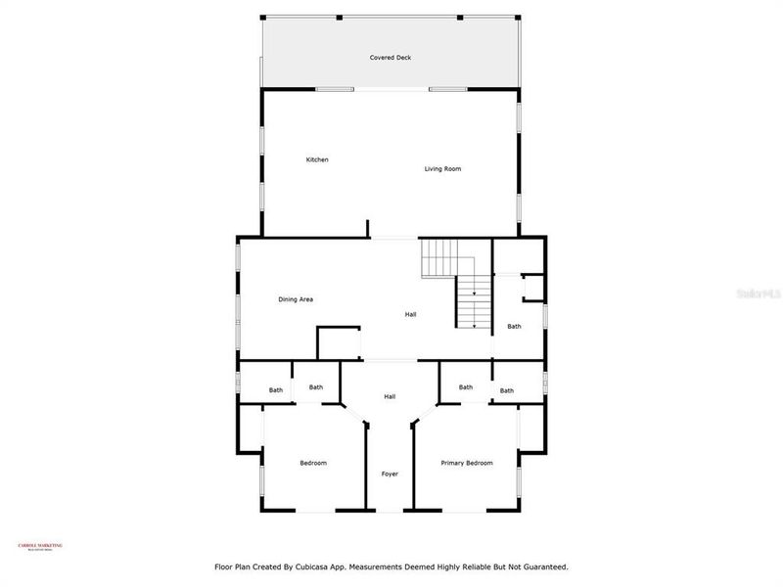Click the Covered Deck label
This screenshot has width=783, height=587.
pos(390,58)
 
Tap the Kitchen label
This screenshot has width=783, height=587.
pos(316,159)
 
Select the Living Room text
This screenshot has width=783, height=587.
pos(442,169)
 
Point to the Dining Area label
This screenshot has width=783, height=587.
pos(296,299)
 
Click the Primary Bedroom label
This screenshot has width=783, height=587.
pos(467,463)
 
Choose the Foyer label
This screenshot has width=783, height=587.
pos(390,474)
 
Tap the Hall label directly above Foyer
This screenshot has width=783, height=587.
pos(390,396)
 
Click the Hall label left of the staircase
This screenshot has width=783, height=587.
pos(411,315)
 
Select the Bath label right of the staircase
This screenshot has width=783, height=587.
pos(514,327)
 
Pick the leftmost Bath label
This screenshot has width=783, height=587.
pos(276,391)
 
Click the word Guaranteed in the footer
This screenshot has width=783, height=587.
pos(543,566)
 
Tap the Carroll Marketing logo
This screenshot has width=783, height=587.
pos(40,547)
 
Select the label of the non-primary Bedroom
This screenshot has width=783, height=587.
pos(313,463)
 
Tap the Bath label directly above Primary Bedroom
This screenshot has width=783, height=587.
pos(466,387)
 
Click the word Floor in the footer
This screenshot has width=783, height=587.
pos(224,566)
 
